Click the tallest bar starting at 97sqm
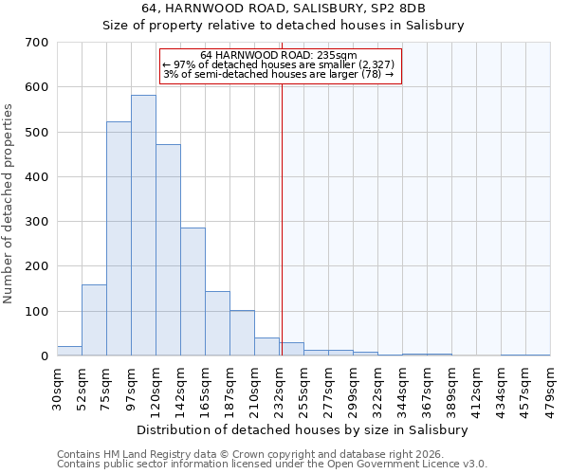(x=143, y=226)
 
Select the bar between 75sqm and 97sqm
(x=119, y=239)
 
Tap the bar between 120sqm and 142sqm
(x=168, y=250)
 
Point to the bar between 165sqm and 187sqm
(x=217, y=323)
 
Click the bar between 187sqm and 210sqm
(x=242, y=333)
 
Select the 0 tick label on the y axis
(x=44, y=356)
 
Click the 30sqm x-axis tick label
(x=57, y=385)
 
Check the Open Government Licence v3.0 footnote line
(x=271, y=464)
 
